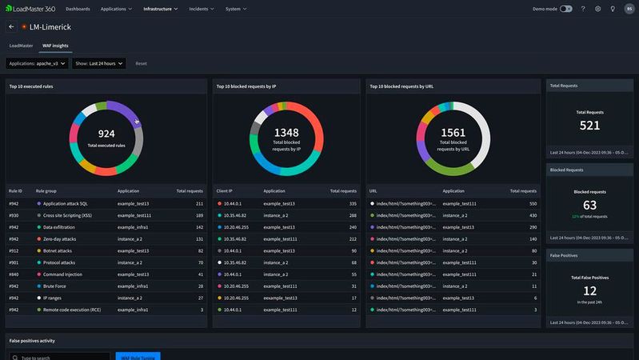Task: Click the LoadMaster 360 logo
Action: [x=30, y=9]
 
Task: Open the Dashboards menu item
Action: [x=78, y=9]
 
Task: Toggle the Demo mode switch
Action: [x=565, y=9]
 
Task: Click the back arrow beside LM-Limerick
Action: [x=11, y=26]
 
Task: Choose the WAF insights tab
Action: [x=54, y=46]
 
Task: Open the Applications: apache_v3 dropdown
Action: [x=37, y=63]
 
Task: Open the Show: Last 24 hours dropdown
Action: [x=98, y=63]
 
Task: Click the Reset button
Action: [x=141, y=63]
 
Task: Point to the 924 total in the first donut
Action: [x=106, y=133]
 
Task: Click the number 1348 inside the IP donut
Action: [x=286, y=132]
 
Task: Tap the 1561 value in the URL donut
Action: [x=453, y=132]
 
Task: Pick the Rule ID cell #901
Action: [x=14, y=262]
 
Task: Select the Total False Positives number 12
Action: [x=589, y=290]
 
